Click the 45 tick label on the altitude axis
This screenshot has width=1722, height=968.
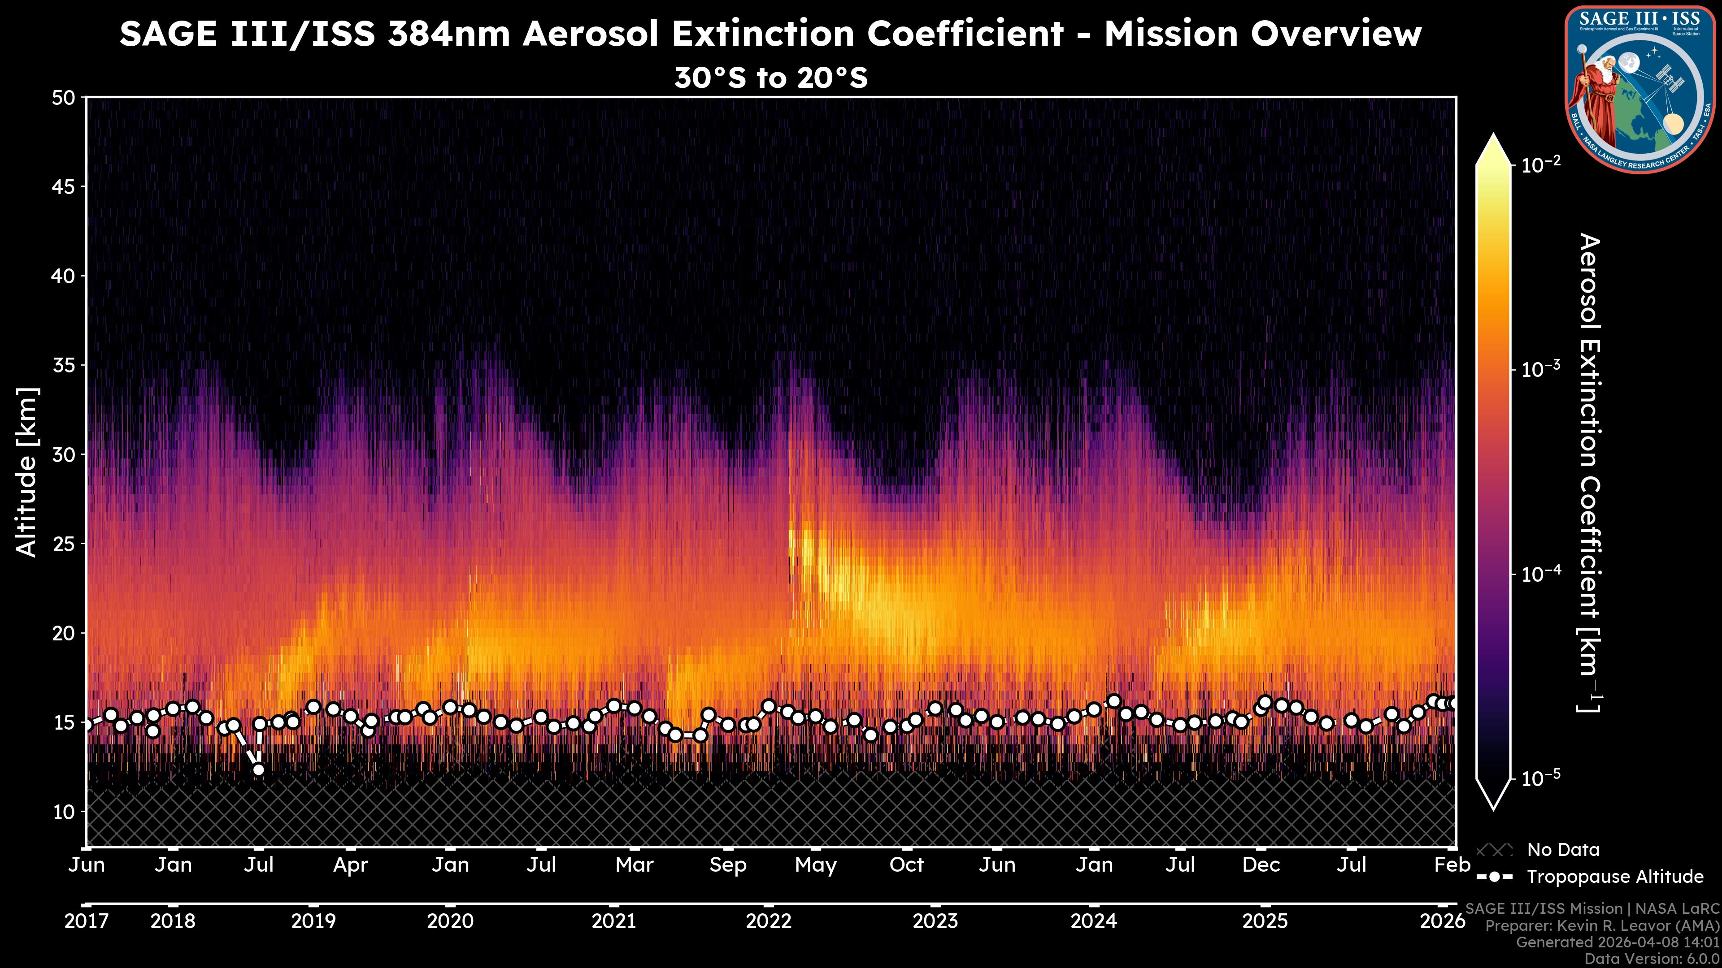point(64,187)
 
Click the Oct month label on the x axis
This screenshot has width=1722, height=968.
point(906,864)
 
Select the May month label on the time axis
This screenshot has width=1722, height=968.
point(816,865)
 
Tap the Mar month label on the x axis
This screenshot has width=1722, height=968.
point(634,864)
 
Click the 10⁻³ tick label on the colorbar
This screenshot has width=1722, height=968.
point(1541,369)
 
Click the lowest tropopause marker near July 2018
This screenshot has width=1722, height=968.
point(258,769)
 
